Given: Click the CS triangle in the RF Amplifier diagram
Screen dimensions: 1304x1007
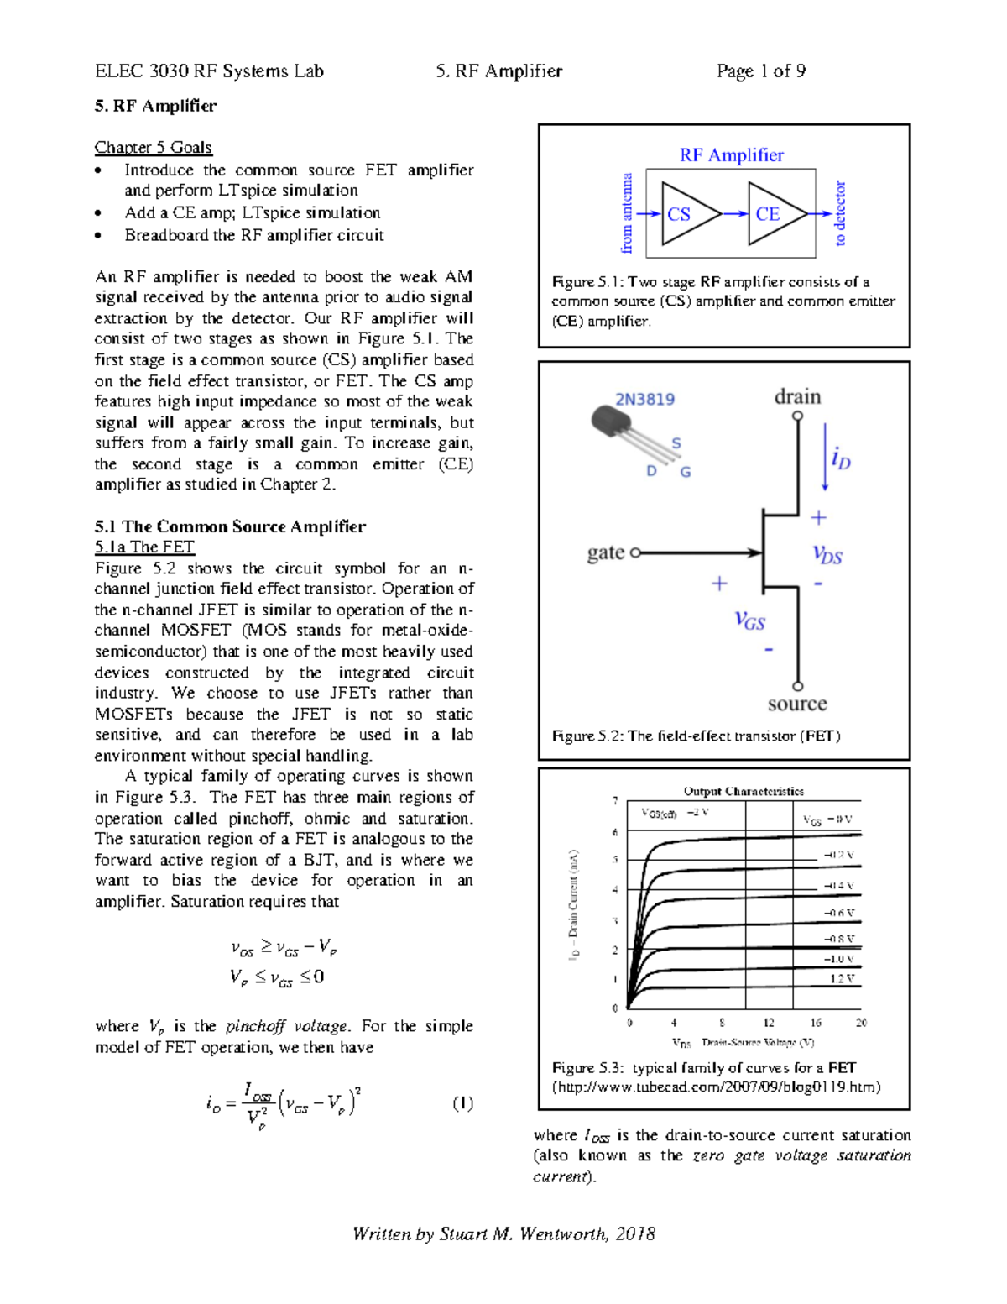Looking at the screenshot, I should click(686, 214).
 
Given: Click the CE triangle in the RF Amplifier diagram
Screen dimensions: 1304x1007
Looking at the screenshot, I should click(774, 214).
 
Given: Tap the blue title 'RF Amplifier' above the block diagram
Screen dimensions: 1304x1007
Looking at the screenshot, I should click(731, 155).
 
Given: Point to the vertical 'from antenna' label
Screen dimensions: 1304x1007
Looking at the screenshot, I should click(626, 214).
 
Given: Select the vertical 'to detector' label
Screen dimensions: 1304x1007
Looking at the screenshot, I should click(840, 213).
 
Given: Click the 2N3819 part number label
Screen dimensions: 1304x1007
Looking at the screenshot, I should click(644, 399).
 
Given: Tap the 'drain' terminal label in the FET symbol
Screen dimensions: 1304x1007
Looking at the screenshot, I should click(796, 396).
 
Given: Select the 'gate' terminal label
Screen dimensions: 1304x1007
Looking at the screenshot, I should click(605, 552).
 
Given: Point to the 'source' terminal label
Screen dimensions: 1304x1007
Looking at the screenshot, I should click(796, 704).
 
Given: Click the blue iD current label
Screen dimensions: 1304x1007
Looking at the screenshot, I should click(840, 458).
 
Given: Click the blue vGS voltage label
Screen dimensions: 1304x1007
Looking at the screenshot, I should click(749, 620).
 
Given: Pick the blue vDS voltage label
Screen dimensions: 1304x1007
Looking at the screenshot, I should click(827, 554).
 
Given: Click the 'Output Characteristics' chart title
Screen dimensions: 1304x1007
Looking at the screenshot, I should click(743, 791).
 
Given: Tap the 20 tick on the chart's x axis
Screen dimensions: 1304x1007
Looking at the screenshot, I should click(861, 1023).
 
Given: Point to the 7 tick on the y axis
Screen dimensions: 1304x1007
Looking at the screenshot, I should click(615, 801).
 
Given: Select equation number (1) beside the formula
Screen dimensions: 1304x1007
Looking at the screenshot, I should click(462, 1103).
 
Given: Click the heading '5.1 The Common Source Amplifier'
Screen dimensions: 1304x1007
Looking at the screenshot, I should click(230, 526).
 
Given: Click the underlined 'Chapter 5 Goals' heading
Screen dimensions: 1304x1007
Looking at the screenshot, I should click(153, 148).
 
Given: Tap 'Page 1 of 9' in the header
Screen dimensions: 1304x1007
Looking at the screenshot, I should click(760, 71).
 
